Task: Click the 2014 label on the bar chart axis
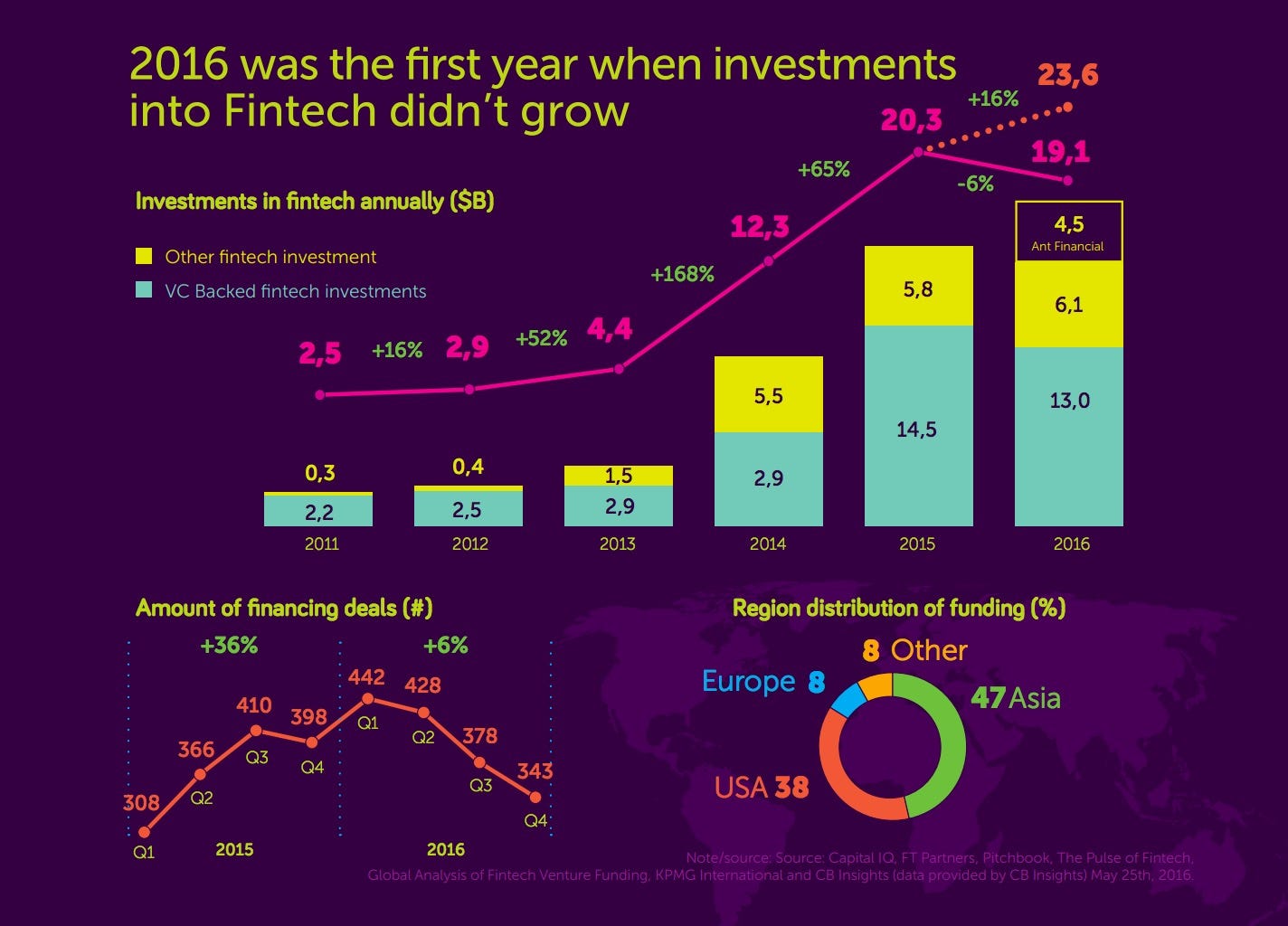click(768, 544)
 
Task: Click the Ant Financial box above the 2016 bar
click(1068, 231)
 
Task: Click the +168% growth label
click(682, 274)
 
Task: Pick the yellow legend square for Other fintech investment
click(144, 257)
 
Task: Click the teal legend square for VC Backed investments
click(144, 290)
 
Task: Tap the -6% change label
click(975, 184)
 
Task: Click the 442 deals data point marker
click(368, 699)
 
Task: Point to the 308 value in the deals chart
click(141, 803)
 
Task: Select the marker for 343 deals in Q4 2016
click(535, 798)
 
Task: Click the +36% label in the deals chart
click(229, 646)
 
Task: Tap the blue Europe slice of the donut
click(848, 701)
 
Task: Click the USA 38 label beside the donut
click(761, 788)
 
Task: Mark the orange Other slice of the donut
click(876, 687)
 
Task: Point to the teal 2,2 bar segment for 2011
click(318, 512)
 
